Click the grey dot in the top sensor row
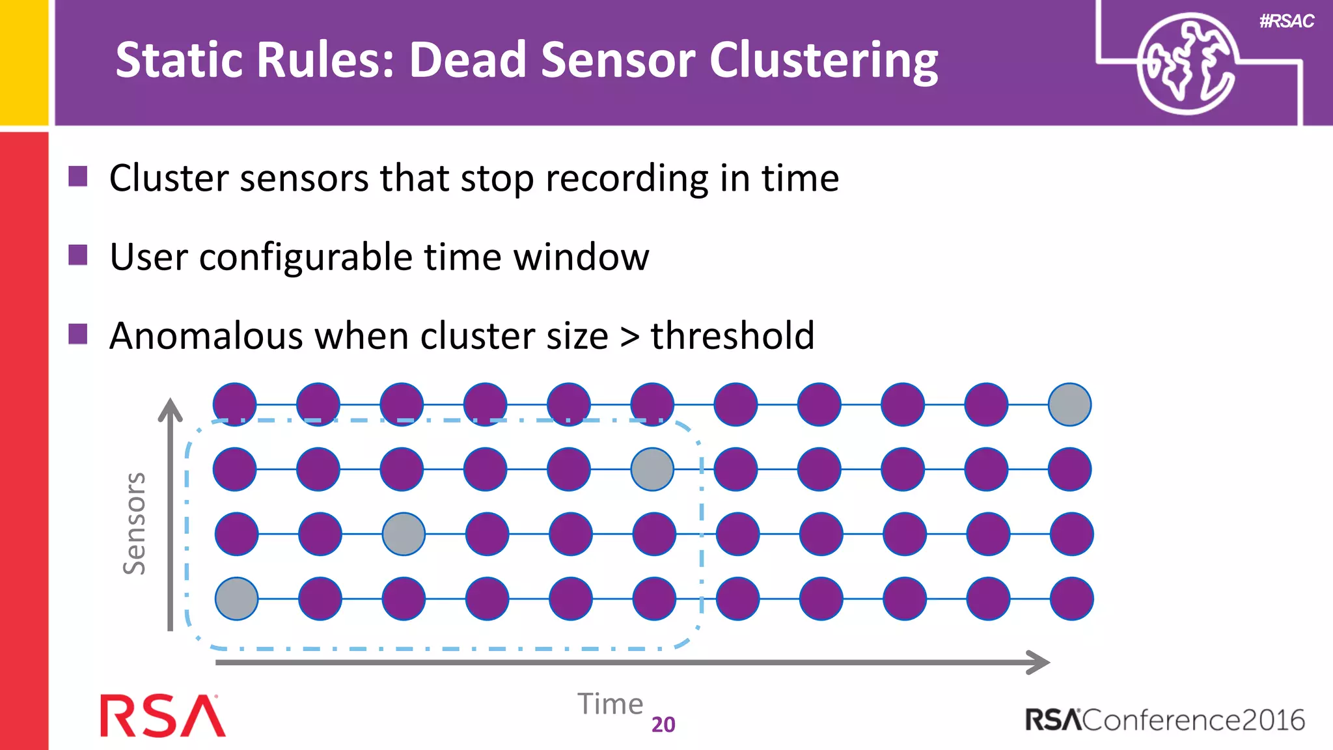coord(1069,404)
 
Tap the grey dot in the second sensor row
coord(652,469)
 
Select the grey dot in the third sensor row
coord(404,534)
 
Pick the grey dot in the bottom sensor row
coord(236,598)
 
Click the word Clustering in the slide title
coord(823,61)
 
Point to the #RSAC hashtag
coord(1286,21)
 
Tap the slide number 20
coord(663,725)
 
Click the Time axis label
coord(610,704)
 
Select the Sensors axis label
coord(135,523)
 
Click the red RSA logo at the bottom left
coord(162,716)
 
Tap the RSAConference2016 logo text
coord(1164,720)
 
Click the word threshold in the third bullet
coord(732,336)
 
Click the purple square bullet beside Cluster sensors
coord(78,176)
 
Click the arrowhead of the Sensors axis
coord(171,410)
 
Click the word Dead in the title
coord(467,60)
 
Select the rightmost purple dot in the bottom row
coord(1071,598)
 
